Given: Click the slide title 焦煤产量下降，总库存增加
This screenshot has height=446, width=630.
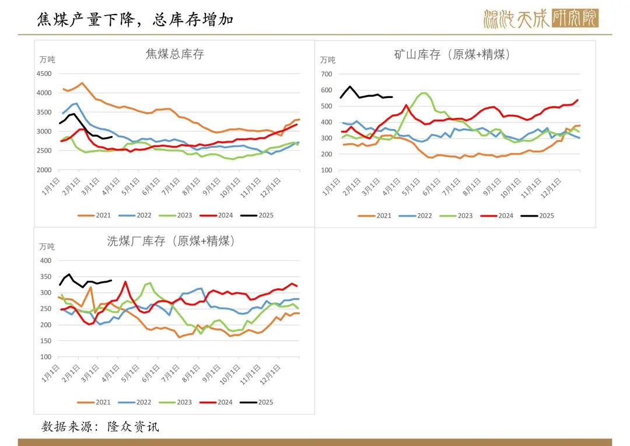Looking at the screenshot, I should (135, 20).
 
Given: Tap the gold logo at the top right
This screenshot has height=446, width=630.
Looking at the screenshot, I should (541, 19).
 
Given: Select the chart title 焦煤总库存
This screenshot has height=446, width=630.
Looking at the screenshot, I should (174, 54).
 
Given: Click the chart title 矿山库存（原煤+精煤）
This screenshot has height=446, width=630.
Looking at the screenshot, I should (453, 55).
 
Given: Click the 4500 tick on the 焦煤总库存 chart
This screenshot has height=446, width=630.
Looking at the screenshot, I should (44, 74).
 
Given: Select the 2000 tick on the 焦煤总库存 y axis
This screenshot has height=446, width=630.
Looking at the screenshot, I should (44, 170).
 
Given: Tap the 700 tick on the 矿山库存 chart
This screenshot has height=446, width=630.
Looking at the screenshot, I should (326, 74).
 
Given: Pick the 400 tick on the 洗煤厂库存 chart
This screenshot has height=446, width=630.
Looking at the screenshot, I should (46, 260).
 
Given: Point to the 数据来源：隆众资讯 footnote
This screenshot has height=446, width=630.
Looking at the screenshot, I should (100, 427).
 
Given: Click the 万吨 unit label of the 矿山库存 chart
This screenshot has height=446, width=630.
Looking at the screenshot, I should (328, 60).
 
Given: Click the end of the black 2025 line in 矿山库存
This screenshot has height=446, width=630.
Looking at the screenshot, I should (392, 97).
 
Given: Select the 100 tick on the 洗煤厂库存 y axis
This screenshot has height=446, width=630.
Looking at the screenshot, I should (46, 357).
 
